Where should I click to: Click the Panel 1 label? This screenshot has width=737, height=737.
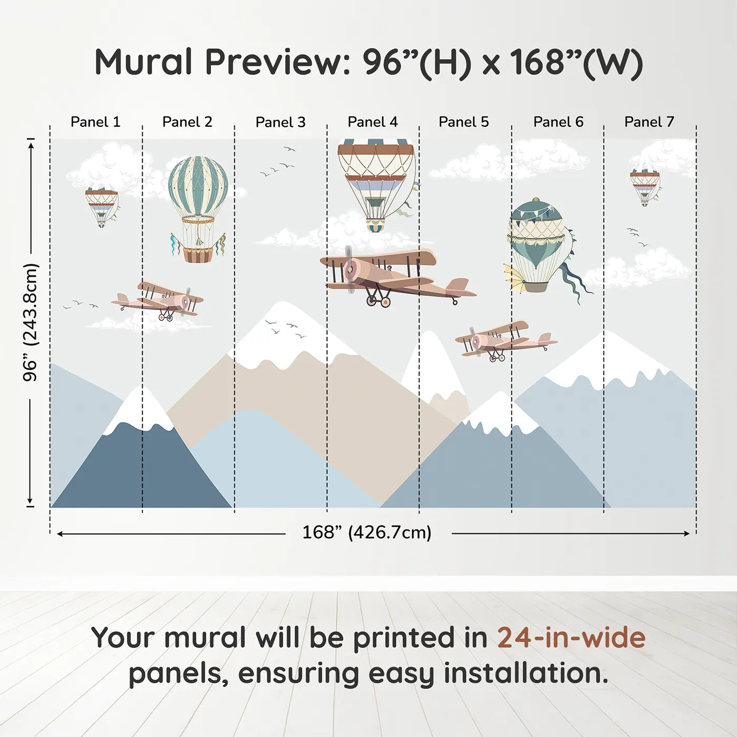95,122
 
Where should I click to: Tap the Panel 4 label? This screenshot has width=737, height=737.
373,122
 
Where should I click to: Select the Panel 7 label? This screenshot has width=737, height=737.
649,122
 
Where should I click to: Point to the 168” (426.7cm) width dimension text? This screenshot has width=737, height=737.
367,532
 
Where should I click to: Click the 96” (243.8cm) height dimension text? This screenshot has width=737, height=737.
30,322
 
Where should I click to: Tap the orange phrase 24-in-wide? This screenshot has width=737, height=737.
571,638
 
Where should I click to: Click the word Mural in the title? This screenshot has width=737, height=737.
143,62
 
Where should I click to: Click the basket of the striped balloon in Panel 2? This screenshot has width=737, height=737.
198,255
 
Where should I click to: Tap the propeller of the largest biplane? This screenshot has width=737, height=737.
350,270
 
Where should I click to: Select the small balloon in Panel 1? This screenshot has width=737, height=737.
102,206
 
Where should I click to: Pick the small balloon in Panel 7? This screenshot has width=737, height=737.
645,186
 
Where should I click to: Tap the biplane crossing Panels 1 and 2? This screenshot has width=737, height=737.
157,300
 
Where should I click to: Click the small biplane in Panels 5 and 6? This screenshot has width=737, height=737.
505,341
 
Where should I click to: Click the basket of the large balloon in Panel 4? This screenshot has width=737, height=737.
375,226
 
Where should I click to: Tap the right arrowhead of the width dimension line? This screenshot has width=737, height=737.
687,533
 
